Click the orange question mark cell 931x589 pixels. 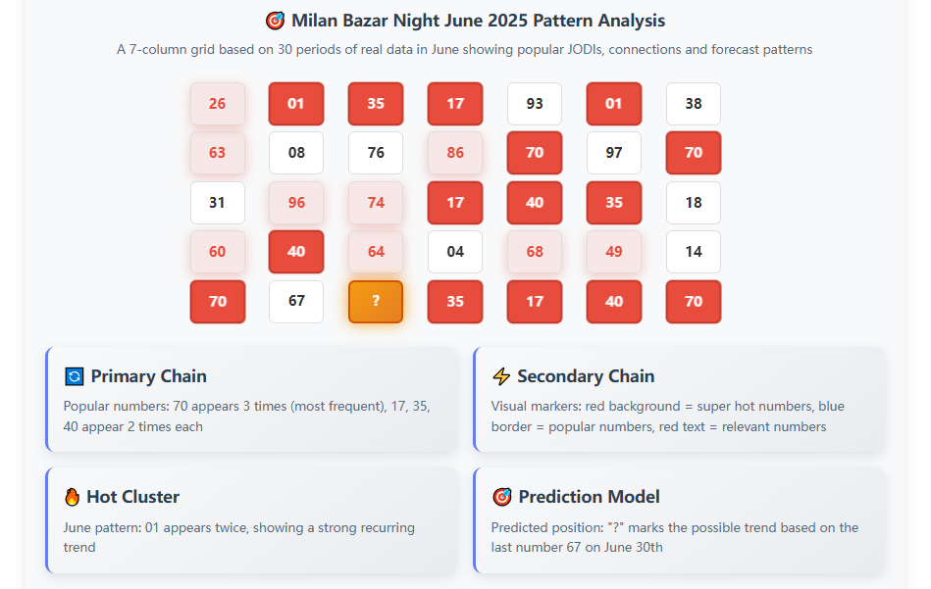pyautogui.click(x=376, y=302)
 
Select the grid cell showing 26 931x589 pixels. pyautogui.click(x=217, y=104)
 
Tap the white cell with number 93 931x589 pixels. pyautogui.click(x=535, y=104)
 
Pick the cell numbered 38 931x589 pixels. pyautogui.click(x=694, y=104)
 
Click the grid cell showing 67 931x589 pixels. pyautogui.click(x=296, y=302)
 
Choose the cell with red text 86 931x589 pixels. pyautogui.click(x=455, y=153)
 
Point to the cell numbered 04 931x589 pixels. pyautogui.click(x=455, y=252)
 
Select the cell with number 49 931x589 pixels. pyautogui.click(x=614, y=252)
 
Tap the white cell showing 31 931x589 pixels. pyautogui.click(x=217, y=203)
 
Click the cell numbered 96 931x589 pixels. pyautogui.click(x=296, y=203)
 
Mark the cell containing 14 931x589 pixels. pyautogui.click(x=694, y=252)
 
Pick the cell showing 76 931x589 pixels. pyautogui.click(x=376, y=153)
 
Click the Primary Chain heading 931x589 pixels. pyautogui.click(x=148, y=376)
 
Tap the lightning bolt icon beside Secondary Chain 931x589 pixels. pyautogui.click(x=501, y=376)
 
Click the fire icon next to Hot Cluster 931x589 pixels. pyautogui.click(x=73, y=497)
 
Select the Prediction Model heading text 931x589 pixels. pyautogui.click(x=589, y=497)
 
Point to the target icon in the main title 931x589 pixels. pyautogui.click(x=275, y=21)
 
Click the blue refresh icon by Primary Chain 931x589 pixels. pyautogui.click(x=74, y=376)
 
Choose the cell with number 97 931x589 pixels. pyautogui.click(x=614, y=153)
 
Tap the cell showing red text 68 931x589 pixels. pyautogui.click(x=535, y=252)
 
